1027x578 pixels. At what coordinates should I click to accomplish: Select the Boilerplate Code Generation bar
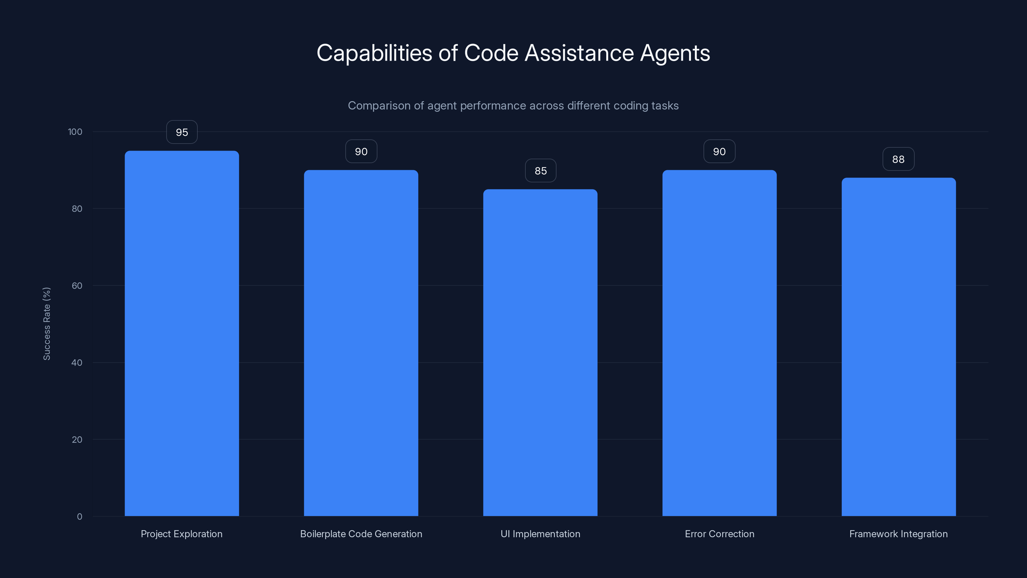click(361, 343)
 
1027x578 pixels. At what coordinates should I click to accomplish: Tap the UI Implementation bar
click(540, 353)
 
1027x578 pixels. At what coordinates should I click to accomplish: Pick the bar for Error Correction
click(719, 343)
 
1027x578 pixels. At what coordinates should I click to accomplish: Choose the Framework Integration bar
click(899, 347)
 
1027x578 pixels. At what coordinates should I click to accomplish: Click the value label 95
click(182, 132)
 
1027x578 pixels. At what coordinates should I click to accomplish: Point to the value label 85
click(540, 171)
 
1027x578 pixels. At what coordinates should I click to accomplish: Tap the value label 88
click(898, 159)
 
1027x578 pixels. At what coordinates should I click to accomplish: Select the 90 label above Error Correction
click(719, 152)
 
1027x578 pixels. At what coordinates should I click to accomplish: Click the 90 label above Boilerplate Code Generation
click(361, 152)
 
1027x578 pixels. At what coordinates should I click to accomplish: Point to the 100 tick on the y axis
click(75, 132)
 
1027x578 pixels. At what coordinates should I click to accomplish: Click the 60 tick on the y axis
click(77, 285)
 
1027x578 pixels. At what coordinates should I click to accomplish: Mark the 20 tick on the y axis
click(77, 440)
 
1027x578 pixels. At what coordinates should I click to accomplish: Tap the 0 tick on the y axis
click(79, 517)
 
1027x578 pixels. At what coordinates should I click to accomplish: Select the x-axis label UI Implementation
click(540, 534)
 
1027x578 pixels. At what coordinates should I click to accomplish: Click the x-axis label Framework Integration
click(898, 534)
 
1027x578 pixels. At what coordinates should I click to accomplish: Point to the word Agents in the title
click(675, 53)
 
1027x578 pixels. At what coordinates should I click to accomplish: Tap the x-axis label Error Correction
click(719, 534)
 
